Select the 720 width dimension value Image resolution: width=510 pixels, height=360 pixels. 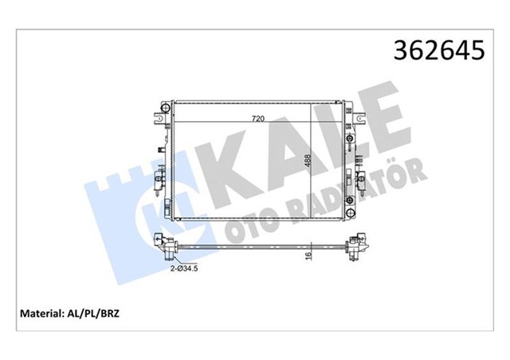(x=258, y=119)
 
